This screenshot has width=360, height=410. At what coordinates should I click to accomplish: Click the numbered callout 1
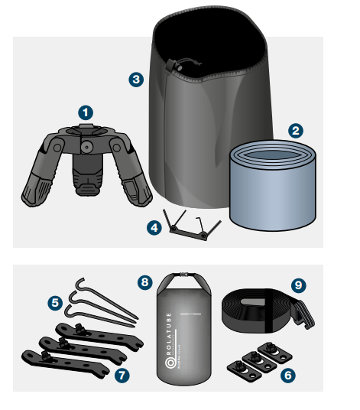(x=86, y=112)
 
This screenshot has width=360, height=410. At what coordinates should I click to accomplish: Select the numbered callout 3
(x=136, y=79)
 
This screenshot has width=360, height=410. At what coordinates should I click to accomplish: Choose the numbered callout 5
(x=54, y=303)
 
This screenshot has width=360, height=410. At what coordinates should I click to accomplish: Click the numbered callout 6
(x=286, y=376)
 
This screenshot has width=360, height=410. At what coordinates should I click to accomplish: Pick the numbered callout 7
(x=120, y=375)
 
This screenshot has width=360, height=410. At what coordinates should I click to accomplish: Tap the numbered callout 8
(x=145, y=281)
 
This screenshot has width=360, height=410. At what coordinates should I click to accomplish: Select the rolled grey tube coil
(x=274, y=186)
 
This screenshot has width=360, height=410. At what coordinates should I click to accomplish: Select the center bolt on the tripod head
(x=86, y=145)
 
